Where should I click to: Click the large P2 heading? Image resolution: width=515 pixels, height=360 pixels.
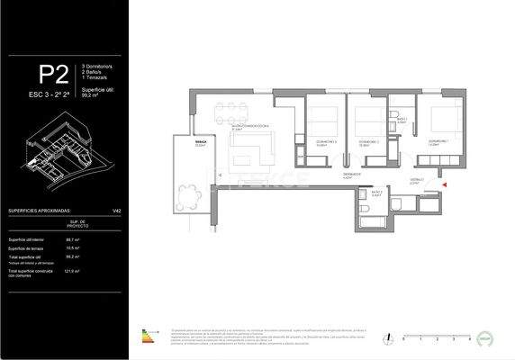[x=52, y=74]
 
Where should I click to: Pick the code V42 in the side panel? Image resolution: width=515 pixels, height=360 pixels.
[x=116, y=211]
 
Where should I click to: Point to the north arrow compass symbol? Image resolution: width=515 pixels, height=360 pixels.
[x=386, y=338]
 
